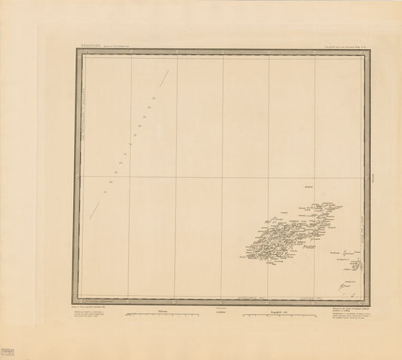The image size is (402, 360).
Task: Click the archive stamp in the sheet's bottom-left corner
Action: coord(10,333)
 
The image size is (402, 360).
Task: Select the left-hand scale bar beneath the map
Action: coord(162,312)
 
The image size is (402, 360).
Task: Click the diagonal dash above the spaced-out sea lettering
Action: coord(161,75)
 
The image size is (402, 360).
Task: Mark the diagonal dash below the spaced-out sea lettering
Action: coord(95,209)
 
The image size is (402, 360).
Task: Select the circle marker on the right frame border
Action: coord(367,178)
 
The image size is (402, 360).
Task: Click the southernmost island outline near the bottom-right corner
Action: coord(344,285)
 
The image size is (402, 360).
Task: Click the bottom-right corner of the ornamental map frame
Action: coord(370,303)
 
